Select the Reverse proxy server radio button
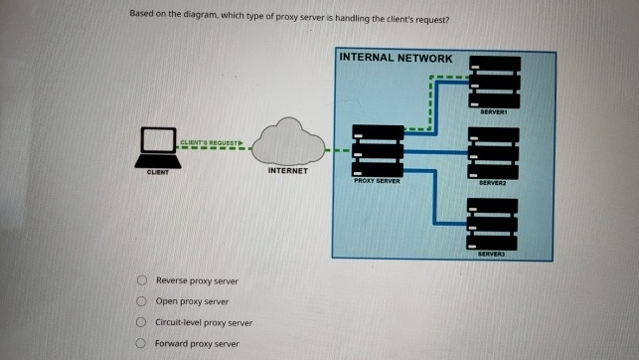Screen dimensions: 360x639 click(143, 280)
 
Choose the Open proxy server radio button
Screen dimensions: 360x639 click(143, 301)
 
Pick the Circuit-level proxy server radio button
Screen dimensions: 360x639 click(143, 322)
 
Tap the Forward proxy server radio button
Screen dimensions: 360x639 click(143, 343)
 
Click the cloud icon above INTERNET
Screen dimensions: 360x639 click(290, 142)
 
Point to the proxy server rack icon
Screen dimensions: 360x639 click(378, 150)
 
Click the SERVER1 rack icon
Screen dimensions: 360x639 click(494, 83)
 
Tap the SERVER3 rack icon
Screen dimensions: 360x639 click(493, 224)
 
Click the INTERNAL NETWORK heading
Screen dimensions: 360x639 click(396, 58)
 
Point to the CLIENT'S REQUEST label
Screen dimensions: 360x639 click(211, 143)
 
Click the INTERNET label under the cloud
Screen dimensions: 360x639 click(288, 171)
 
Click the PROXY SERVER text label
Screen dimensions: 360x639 click(378, 181)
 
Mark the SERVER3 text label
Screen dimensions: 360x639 click(494, 255)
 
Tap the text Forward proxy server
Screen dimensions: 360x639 click(197, 343)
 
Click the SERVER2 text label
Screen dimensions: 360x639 click(494, 183)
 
